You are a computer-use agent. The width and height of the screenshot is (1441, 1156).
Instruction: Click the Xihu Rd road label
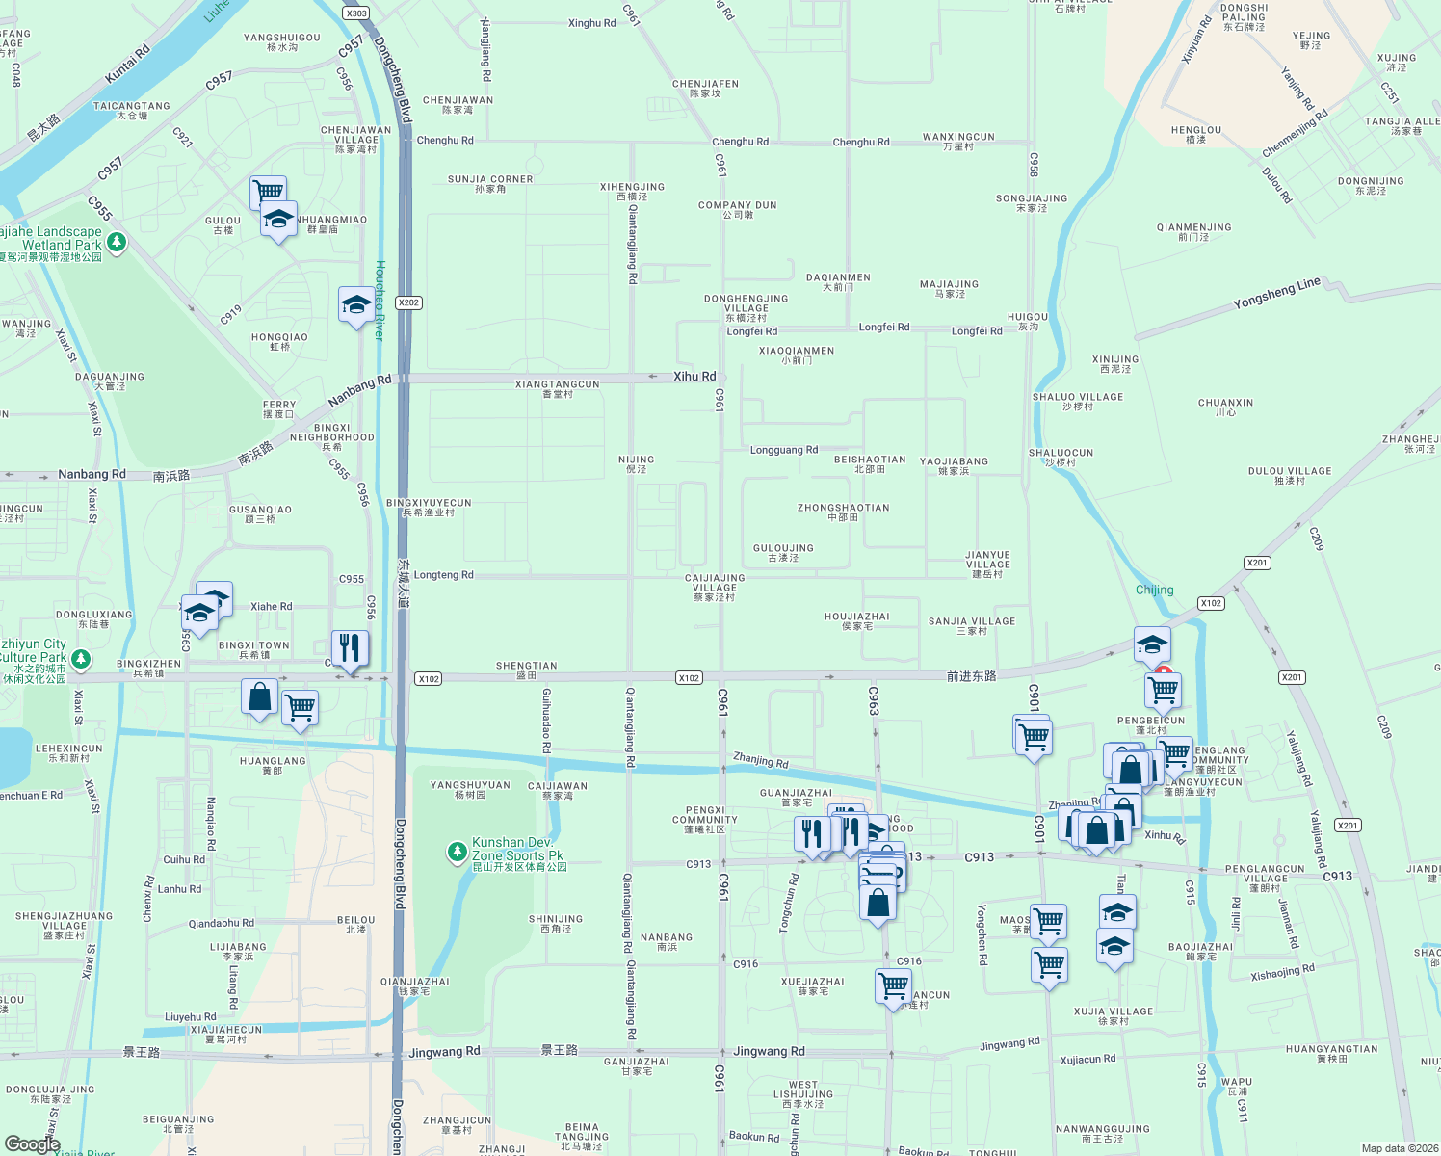coord(694,377)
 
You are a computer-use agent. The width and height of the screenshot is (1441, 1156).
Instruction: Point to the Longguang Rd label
coord(784,450)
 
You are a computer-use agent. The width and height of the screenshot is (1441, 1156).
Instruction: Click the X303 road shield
coord(356,13)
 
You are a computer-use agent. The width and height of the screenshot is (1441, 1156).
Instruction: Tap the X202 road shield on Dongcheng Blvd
coord(409,302)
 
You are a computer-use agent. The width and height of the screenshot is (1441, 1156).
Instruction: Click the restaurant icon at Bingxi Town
coord(350,648)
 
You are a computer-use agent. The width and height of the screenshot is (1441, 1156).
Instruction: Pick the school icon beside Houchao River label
coord(356,304)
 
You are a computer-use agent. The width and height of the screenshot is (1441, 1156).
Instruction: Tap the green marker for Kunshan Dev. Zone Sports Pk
coord(457,852)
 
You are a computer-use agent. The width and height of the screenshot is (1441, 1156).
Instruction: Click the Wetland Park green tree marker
coord(117,241)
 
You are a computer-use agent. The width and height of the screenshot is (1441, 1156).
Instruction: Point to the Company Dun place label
coord(738,209)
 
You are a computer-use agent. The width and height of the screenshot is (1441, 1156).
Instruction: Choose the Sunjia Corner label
coord(490,183)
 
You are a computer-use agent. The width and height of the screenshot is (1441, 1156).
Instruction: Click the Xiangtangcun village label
coord(558,388)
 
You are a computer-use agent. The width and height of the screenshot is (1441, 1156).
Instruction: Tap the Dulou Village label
coord(1290,475)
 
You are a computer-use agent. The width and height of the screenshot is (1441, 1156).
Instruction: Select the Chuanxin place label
coord(1225,407)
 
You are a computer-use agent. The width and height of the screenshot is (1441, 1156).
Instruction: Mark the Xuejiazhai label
coord(813,985)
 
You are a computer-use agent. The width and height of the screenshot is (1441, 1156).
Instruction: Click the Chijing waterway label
coord(1154,590)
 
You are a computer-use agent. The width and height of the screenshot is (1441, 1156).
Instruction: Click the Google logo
coord(32,1143)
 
